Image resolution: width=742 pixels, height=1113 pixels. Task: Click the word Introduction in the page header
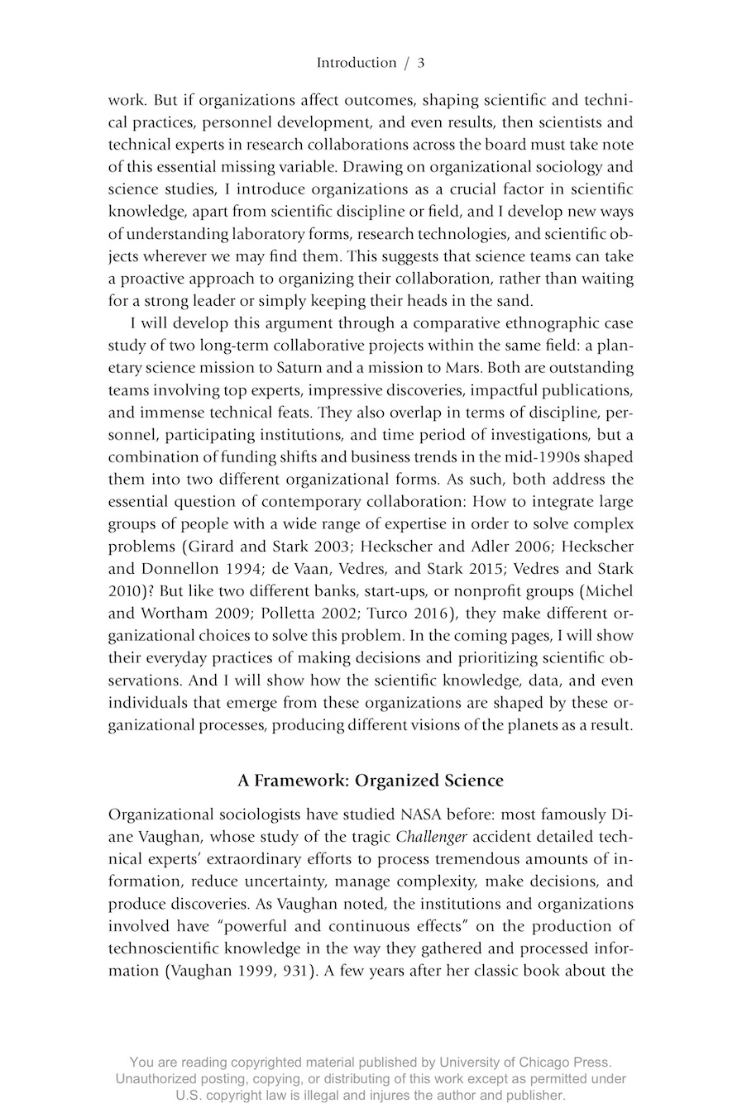point(356,63)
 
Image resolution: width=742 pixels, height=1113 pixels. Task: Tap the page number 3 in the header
point(421,63)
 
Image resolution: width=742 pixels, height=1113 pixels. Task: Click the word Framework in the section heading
point(301,780)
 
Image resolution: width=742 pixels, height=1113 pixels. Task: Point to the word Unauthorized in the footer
point(159,1079)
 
